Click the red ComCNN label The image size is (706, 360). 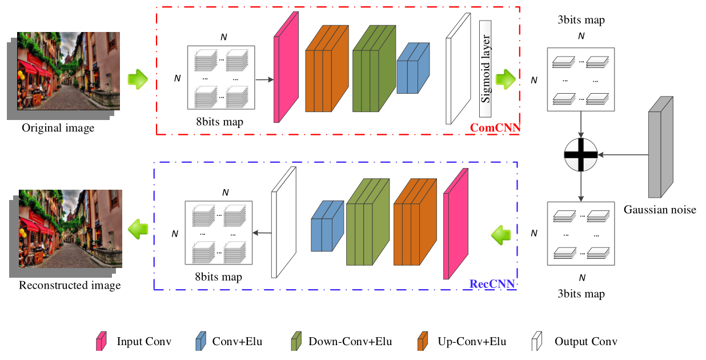(x=495, y=128)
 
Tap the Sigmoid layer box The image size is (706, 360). (x=486, y=69)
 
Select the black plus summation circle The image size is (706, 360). (x=580, y=154)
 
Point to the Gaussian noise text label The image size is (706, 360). (x=660, y=210)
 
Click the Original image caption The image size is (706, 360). (x=58, y=128)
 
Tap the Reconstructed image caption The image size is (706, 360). (x=70, y=285)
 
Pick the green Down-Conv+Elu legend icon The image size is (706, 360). (x=296, y=342)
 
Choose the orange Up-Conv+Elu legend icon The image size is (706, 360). (x=423, y=342)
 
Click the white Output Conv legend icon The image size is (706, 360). (x=537, y=342)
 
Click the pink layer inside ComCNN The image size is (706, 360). (x=286, y=69)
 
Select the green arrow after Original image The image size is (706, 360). (x=137, y=78)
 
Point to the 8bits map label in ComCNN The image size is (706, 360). (x=219, y=121)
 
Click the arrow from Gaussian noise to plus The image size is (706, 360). (x=623, y=154)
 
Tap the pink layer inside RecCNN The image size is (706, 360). (x=455, y=224)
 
